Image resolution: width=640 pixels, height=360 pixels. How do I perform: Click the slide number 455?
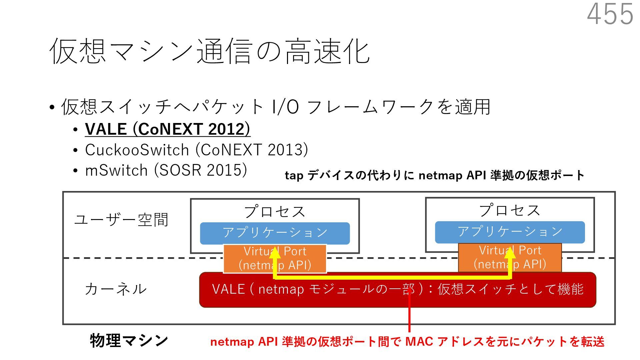(x=610, y=14)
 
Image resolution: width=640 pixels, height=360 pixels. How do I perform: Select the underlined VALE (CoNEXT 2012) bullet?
(x=167, y=129)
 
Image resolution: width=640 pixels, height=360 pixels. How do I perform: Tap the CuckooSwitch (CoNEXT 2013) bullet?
(x=196, y=150)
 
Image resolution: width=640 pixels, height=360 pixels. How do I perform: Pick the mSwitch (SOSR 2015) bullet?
(x=166, y=170)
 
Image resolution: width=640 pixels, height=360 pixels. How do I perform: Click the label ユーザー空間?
(x=121, y=220)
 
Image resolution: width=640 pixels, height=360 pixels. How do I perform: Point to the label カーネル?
(x=115, y=289)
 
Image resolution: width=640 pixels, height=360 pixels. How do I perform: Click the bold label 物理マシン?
(x=129, y=340)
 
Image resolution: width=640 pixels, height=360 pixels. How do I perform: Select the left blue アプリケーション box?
(x=275, y=233)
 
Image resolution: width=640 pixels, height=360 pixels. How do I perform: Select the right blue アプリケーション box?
(x=510, y=232)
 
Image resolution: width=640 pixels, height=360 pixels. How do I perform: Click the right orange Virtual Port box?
(x=537, y=257)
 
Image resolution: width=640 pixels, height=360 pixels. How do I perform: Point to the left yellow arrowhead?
(x=275, y=254)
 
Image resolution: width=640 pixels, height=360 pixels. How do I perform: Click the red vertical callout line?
(x=409, y=317)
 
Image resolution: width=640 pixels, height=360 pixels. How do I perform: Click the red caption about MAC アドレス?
(x=407, y=342)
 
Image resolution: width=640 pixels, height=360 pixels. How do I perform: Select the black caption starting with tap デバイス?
(x=435, y=175)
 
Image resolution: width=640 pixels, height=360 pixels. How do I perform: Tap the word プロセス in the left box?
(x=275, y=211)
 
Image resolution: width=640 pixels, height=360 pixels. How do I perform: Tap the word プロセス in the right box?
(x=510, y=210)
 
